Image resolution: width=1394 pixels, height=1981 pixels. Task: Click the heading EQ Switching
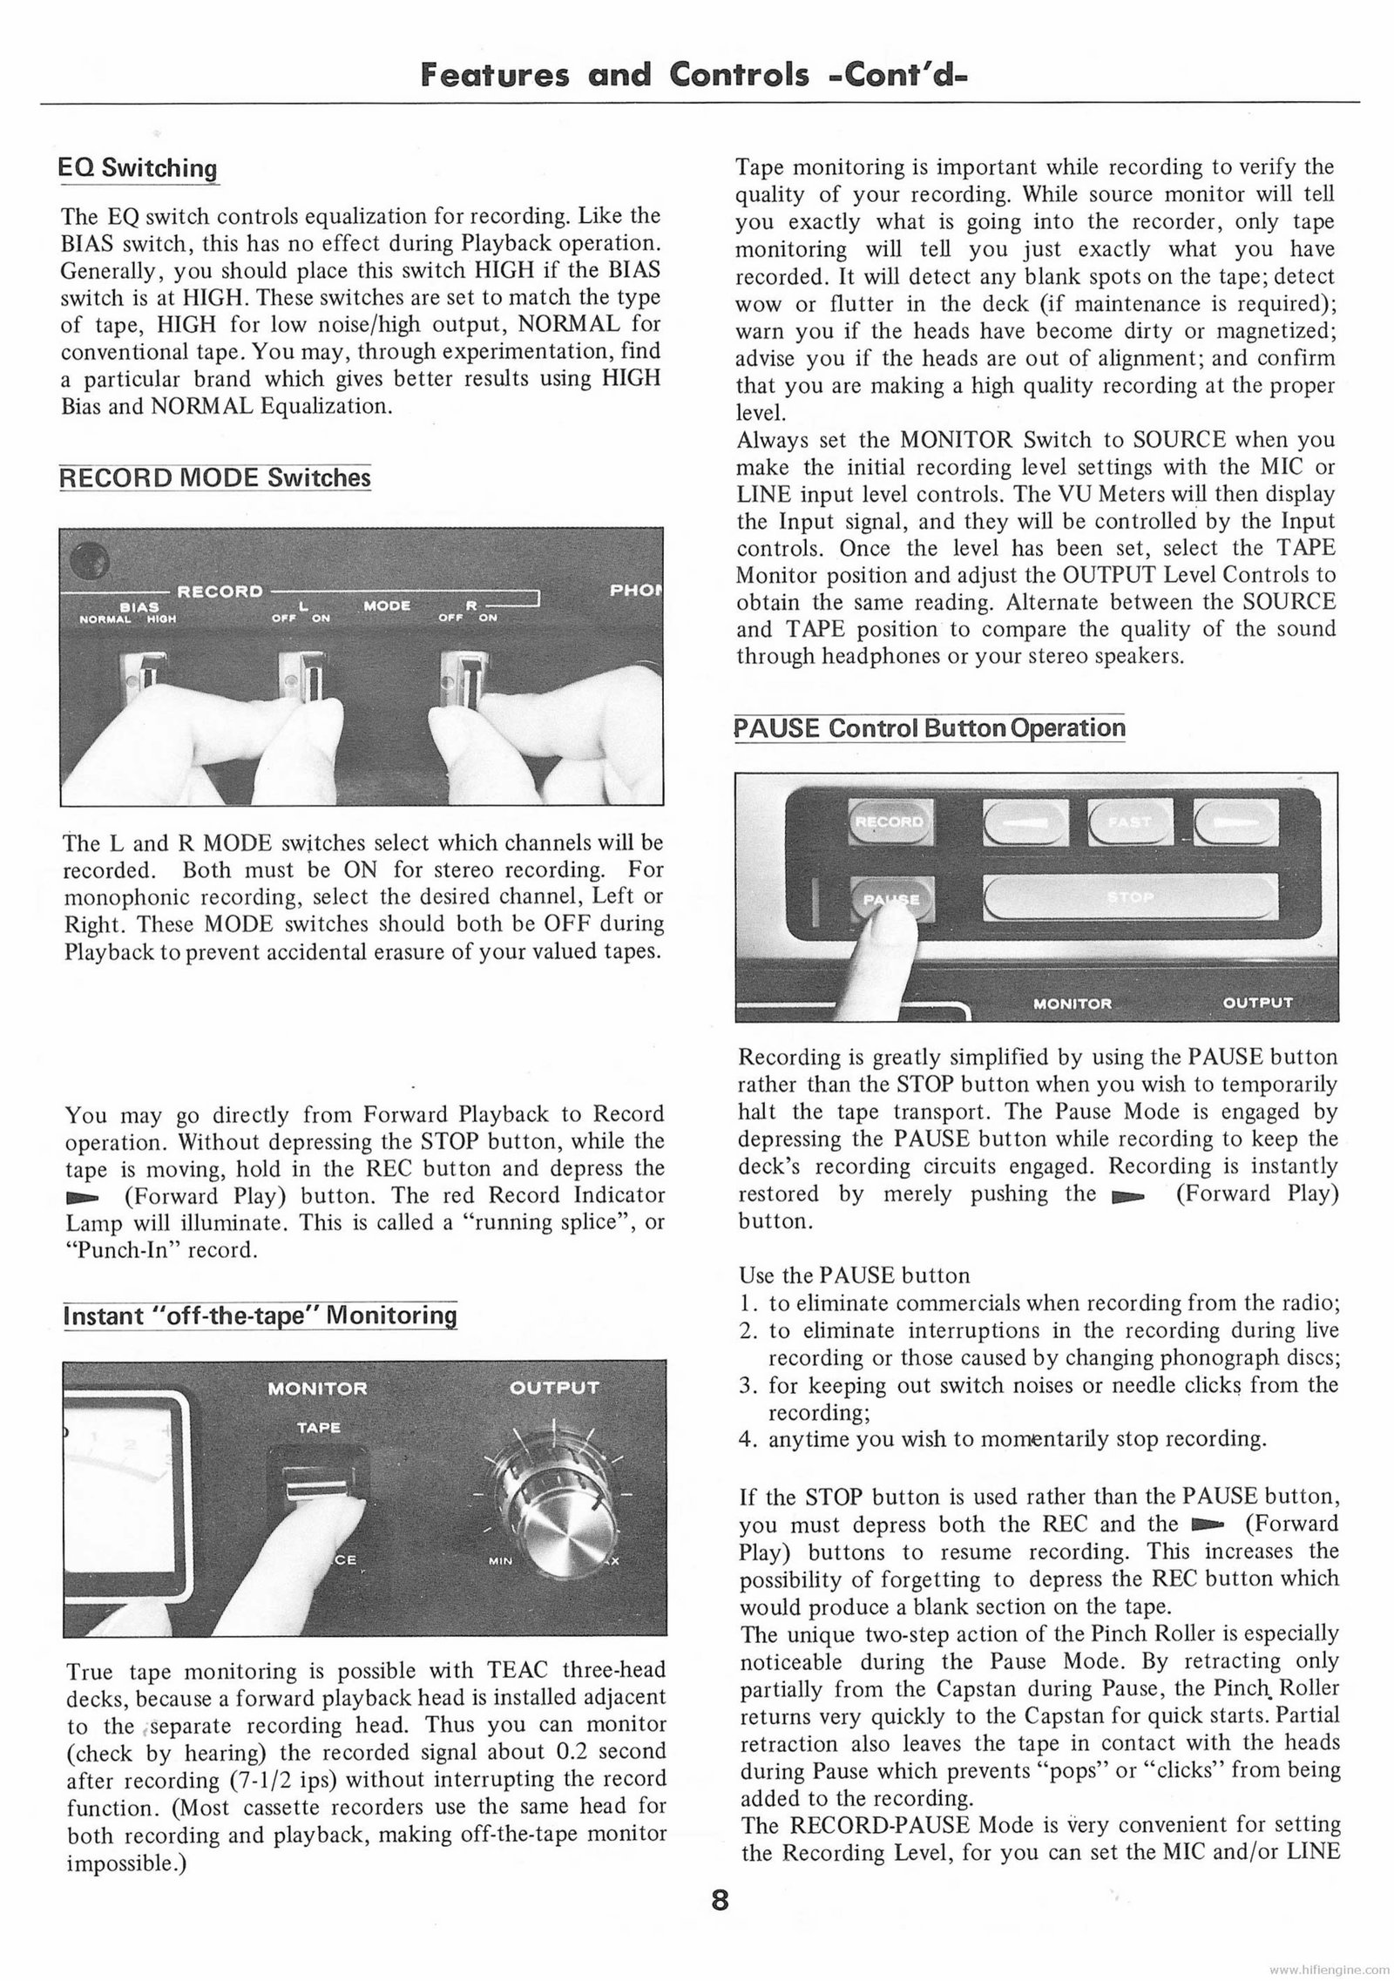(x=139, y=168)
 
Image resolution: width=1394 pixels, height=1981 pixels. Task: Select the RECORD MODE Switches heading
(x=214, y=478)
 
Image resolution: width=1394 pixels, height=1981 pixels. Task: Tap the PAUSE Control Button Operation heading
(x=930, y=727)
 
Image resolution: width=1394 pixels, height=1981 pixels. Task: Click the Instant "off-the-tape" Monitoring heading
(x=261, y=1315)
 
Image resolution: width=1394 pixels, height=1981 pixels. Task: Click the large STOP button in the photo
(x=1127, y=898)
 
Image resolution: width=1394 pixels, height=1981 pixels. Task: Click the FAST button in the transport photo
(x=1129, y=821)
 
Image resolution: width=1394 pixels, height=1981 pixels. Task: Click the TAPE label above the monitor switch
(x=318, y=1428)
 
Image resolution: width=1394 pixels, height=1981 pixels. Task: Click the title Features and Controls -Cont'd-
(x=695, y=77)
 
